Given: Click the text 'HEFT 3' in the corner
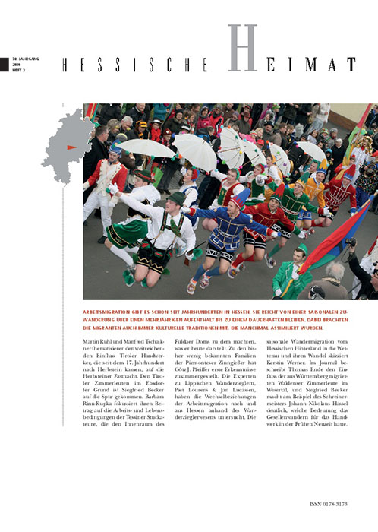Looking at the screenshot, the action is [18, 71].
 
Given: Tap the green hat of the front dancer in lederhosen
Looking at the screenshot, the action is [177, 198].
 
